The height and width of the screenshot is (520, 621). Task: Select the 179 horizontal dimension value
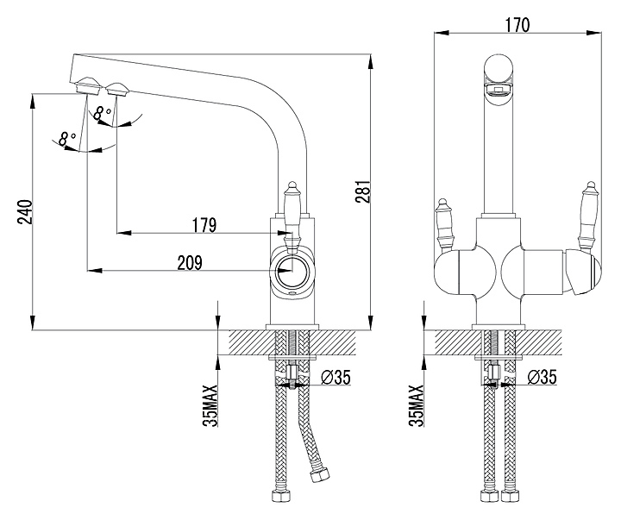pos(204,225)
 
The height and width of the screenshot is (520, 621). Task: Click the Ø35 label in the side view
pos(335,377)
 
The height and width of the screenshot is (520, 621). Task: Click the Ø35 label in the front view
pos(540,377)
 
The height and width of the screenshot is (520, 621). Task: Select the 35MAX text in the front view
pos(417,404)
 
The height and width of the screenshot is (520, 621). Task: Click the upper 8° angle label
pos(103,112)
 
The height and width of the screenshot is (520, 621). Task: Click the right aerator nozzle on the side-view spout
pos(116,87)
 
